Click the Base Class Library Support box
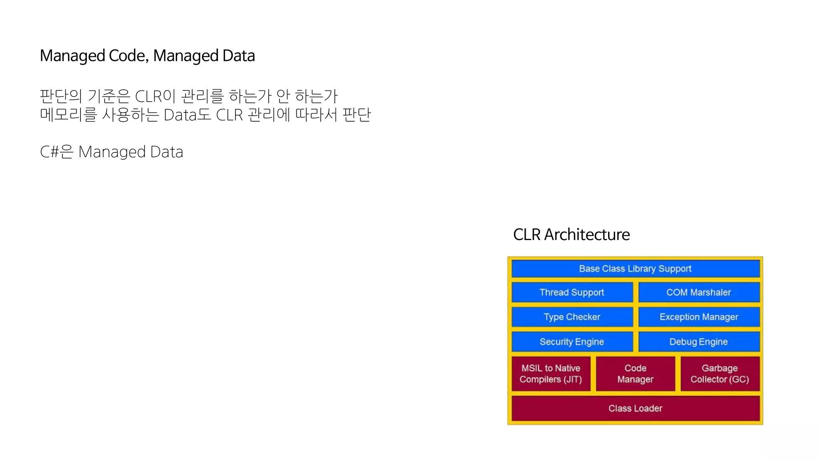click(x=635, y=269)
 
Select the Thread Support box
click(x=572, y=293)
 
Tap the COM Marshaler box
click(x=699, y=293)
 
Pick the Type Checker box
click(x=572, y=317)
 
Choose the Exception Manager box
click(x=699, y=317)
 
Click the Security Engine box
click(x=572, y=342)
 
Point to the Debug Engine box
click(x=699, y=342)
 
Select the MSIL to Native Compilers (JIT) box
click(x=551, y=374)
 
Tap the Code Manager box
click(x=635, y=374)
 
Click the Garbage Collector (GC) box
click(x=720, y=374)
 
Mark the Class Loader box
click(x=635, y=408)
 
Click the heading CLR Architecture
click(x=571, y=235)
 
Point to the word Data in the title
click(x=238, y=56)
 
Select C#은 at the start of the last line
click(x=56, y=152)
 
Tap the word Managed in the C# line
click(x=112, y=152)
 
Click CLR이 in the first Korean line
click(x=155, y=96)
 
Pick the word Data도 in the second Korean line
click(x=187, y=115)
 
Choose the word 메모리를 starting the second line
click(x=68, y=115)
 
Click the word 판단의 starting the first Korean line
click(x=61, y=96)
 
